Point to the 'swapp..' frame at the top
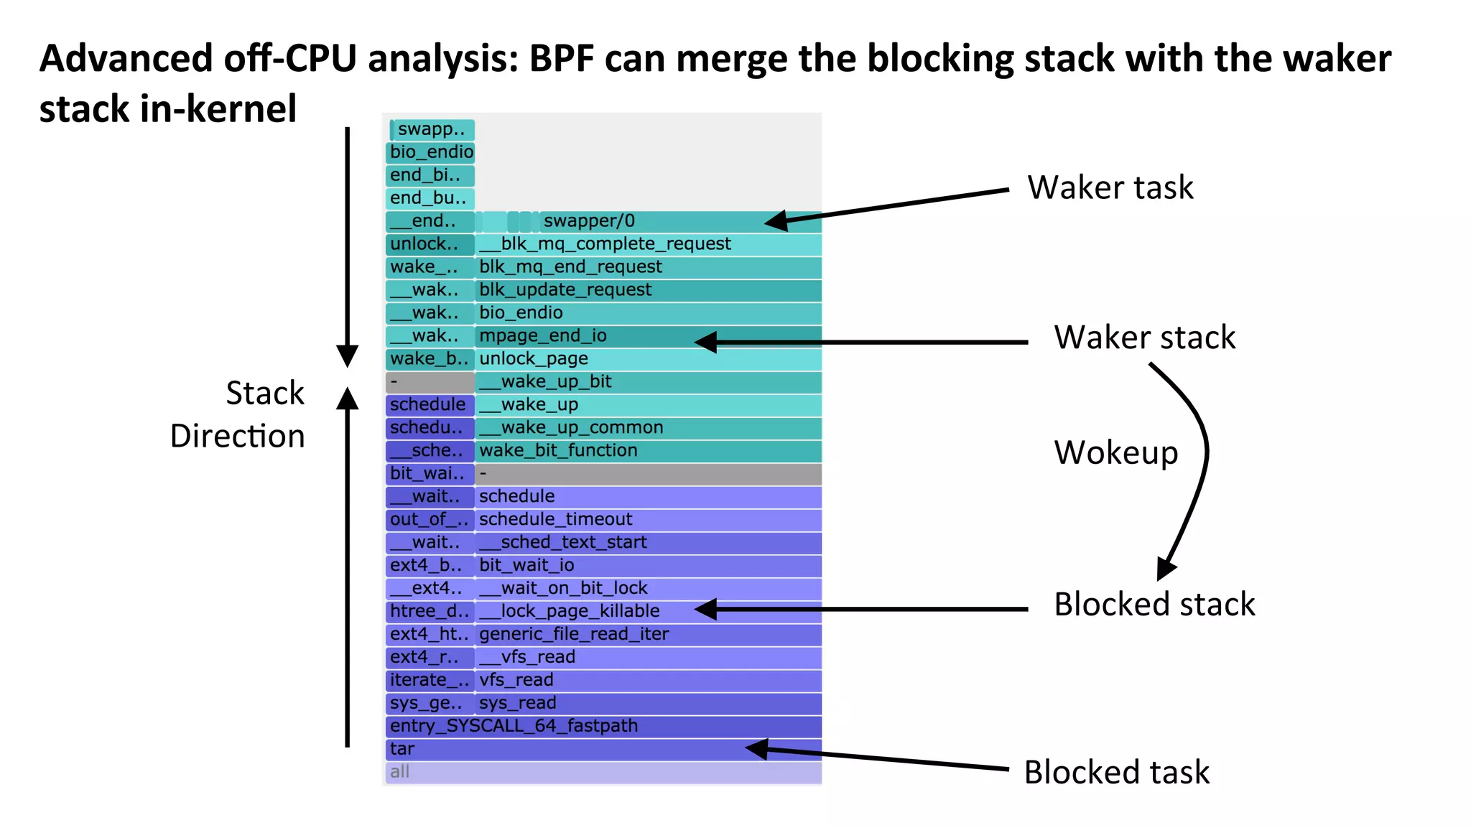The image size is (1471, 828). pos(432,129)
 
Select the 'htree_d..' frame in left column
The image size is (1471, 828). pos(430,611)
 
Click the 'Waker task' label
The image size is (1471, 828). pos(1110,187)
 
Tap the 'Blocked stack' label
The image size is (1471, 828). pos(1154,604)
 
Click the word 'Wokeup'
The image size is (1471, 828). pos(1115,452)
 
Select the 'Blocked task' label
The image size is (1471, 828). pos(1116,773)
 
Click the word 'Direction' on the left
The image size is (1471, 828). pos(237,436)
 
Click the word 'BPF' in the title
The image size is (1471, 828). pos(562,59)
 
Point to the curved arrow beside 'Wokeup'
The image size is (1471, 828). pos(1201,460)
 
